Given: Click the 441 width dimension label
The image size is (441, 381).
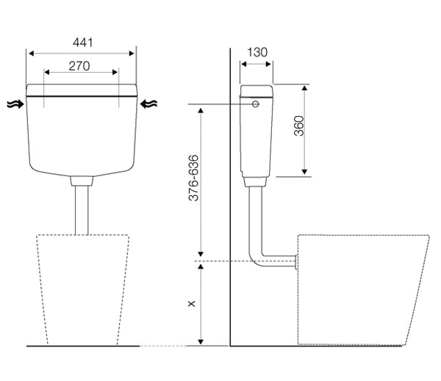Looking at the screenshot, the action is pos(82,43).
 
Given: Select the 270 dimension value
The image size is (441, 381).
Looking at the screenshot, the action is pos(79,66).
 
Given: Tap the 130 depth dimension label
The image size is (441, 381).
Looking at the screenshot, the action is pos(257,52).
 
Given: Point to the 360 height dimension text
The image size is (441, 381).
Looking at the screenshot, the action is pos(299,126).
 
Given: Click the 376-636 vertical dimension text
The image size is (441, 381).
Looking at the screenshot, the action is pos(193,178).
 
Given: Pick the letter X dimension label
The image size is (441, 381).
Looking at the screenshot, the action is pos(192,303).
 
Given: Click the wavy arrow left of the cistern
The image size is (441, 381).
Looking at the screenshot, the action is pos(15,104).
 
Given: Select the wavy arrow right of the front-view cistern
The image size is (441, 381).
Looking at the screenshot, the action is pos(148,104).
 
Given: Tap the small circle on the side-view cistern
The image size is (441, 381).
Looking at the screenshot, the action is pos(255,104).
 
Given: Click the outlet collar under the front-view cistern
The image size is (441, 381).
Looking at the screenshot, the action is pos(82,181).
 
